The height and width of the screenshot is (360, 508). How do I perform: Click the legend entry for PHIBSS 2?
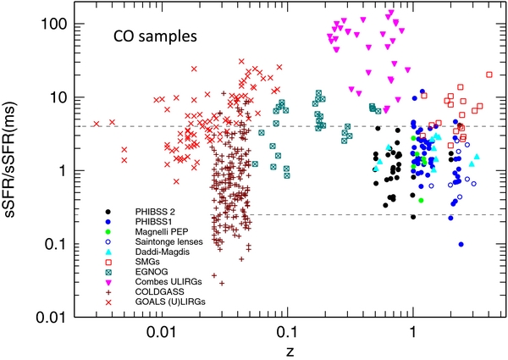pyautogui.click(x=150, y=211)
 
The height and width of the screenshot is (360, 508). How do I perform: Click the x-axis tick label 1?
pyautogui.click(x=412, y=333)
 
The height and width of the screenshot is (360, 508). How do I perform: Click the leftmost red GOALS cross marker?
pyautogui.click(x=97, y=124)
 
